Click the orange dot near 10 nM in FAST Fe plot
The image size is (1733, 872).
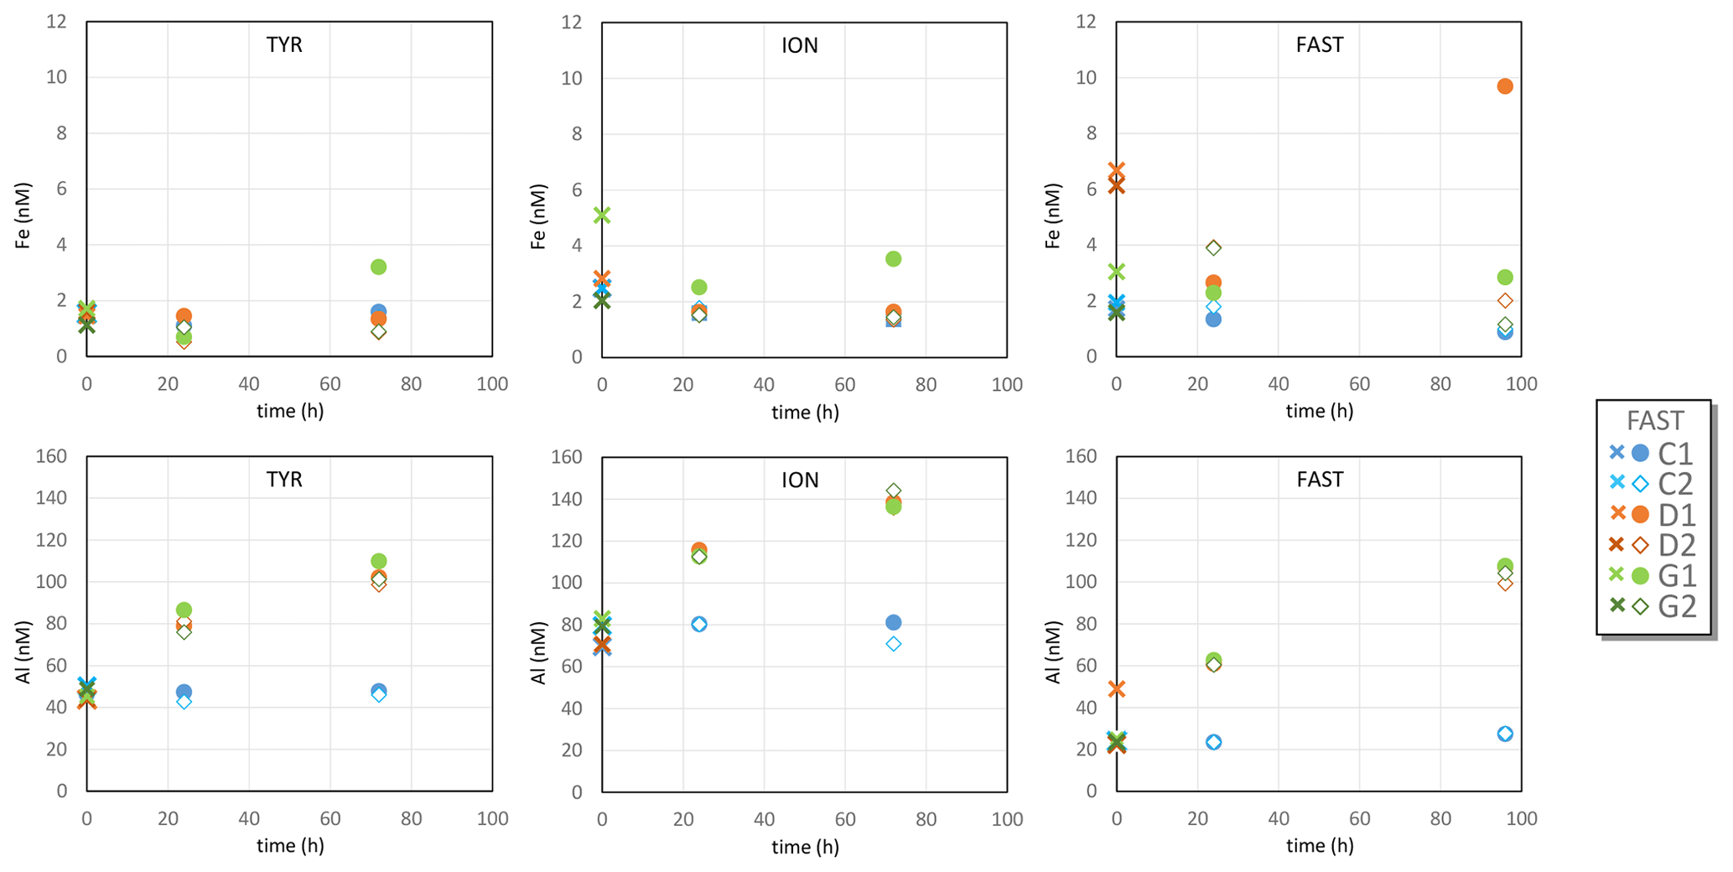1505,86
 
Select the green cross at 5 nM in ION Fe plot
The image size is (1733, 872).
602,215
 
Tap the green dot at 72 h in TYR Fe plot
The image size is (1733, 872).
378,267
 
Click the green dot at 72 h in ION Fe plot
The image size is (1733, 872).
893,259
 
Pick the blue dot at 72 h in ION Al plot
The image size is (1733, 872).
893,622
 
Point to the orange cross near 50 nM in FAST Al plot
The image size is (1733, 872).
1117,689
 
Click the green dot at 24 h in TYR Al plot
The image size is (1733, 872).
184,610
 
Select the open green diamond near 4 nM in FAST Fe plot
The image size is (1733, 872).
1213,247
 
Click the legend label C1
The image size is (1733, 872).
1676,454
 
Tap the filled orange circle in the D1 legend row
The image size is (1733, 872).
1641,514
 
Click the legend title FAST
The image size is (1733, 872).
1654,420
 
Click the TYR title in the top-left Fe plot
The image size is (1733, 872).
284,45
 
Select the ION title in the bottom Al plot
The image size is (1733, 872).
800,480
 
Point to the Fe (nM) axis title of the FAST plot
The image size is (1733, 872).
1053,215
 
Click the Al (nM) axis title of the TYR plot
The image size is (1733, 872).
23,651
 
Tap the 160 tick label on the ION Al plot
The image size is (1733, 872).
566,457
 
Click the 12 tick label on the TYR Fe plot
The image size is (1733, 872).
56,22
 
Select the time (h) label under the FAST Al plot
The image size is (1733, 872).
1320,846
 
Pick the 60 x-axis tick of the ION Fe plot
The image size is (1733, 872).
844,385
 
